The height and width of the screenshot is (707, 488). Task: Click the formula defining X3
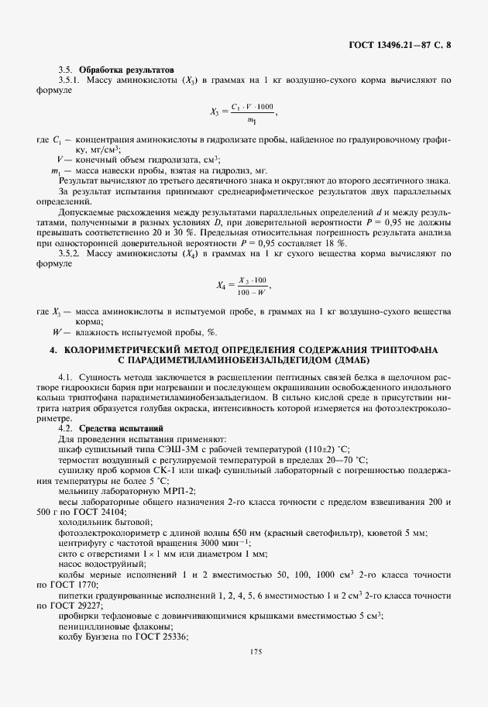[x=243, y=112]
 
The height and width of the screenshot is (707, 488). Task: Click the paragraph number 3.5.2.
[x=71, y=252]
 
